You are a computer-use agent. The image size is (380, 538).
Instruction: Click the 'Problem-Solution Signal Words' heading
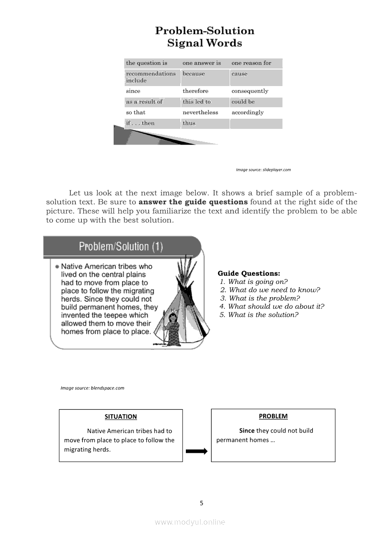pos(204,37)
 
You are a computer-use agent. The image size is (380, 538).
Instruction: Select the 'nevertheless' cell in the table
pos(200,112)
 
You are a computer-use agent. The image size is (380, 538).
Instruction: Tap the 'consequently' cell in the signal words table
pos(249,91)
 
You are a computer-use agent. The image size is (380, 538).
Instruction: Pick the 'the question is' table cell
pos(146,63)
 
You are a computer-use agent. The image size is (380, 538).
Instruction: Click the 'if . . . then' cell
pos(140,123)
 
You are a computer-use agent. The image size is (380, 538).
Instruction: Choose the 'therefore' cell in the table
pos(195,91)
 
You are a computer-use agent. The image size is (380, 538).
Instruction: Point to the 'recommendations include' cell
pos(150,77)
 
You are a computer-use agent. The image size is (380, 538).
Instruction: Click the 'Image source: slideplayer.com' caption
pos(263,170)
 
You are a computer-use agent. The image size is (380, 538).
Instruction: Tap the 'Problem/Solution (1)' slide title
pos(121,247)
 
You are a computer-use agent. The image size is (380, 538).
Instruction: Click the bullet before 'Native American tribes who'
pos(57,266)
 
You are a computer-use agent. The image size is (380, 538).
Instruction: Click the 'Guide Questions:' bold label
pos(248,273)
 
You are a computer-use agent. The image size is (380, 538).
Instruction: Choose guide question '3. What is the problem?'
pos(260,298)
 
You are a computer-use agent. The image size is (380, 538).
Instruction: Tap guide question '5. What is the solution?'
pos(259,315)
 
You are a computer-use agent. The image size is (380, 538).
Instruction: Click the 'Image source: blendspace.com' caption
pos(92,388)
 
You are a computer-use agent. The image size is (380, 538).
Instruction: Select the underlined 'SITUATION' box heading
pos(121,417)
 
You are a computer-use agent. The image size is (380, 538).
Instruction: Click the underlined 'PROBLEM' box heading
pos(273,416)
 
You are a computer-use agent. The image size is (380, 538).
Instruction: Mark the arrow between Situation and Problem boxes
pos(196,451)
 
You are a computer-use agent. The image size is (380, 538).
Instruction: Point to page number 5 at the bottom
pos(202,503)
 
